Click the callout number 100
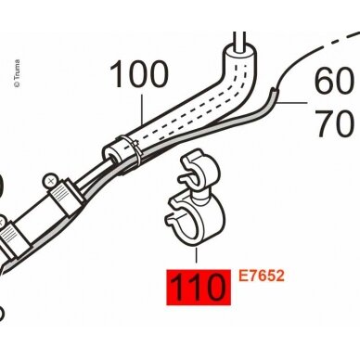[139, 74]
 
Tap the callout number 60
[334, 82]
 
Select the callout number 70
[334, 124]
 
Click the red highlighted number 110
[199, 288]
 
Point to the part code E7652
[261, 276]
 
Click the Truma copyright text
[17, 73]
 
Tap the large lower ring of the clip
[195, 220]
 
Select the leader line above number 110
[196, 255]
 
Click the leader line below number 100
[142, 109]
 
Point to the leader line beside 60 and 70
[292, 102]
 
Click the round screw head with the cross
[50, 180]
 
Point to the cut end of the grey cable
[275, 90]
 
